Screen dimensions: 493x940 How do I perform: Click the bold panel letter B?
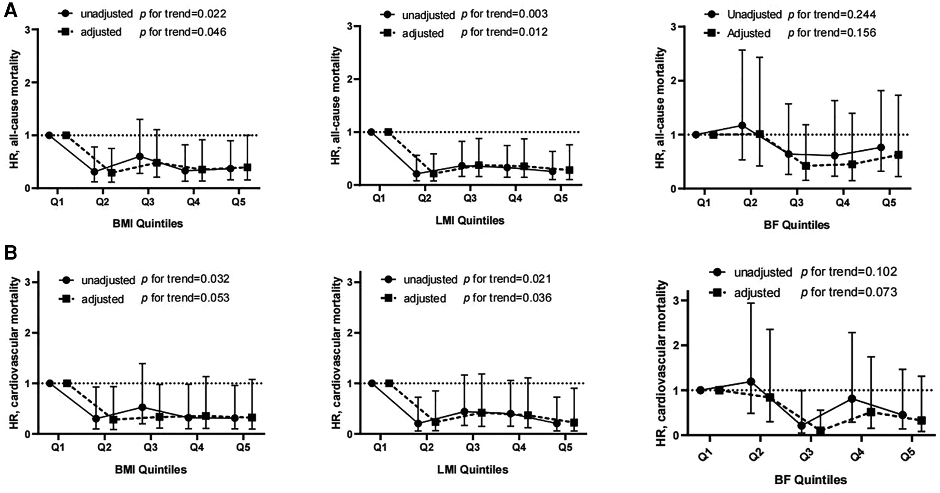pyautogui.click(x=11, y=252)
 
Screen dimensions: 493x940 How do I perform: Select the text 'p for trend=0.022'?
pyautogui.click(x=183, y=14)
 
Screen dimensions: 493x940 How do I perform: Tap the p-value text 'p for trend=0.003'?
pyautogui.click(x=504, y=14)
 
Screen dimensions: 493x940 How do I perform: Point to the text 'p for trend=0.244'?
pyautogui.click(x=832, y=14)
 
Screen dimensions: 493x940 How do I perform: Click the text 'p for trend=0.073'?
pyautogui.click(x=849, y=292)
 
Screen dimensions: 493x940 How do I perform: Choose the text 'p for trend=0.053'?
pyautogui.click(x=185, y=298)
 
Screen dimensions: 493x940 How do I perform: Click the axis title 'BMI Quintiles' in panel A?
pyautogui.click(x=148, y=223)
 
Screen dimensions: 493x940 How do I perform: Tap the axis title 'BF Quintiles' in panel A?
pyautogui.click(x=796, y=225)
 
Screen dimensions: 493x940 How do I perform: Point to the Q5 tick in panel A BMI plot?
pyautogui.click(x=239, y=202)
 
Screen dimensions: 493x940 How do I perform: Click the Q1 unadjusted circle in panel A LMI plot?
pyautogui.click(x=371, y=132)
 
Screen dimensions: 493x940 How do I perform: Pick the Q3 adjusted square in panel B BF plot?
pyautogui.click(x=821, y=431)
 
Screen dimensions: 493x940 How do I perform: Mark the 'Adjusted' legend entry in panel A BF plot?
pyautogui.click(x=749, y=33)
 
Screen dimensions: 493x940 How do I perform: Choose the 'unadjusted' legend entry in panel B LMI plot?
pyautogui.click(x=430, y=279)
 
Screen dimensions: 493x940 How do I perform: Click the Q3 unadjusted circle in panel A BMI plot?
pyautogui.click(x=140, y=157)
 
